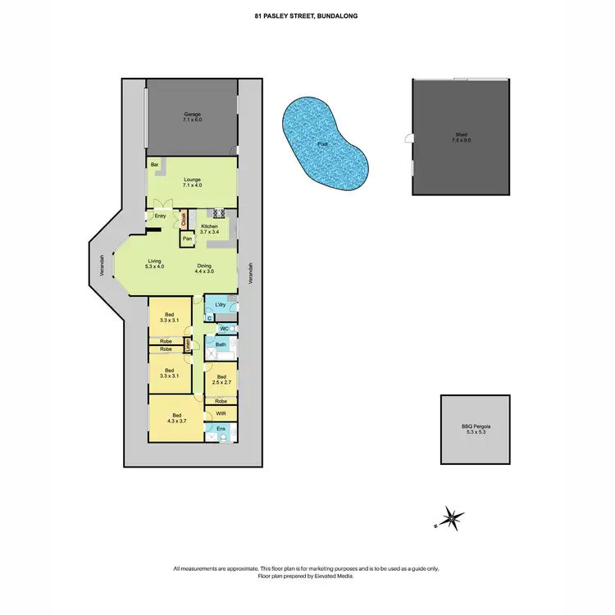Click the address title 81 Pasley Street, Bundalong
pyautogui.click(x=307, y=15)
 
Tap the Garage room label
pyautogui.click(x=192, y=117)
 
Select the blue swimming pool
pyautogui.click(x=321, y=145)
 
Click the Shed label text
pyautogui.click(x=462, y=138)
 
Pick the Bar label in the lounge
pyautogui.click(x=154, y=165)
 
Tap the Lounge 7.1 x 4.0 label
pyautogui.click(x=192, y=183)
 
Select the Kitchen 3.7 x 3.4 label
pyautogui.click(x=210, y=229)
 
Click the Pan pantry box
pyautogui.click(x=188, y=239)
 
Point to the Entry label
pyautogui.click(x=160, y=216)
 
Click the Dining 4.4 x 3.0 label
pyautogui.click(x=204, y=268)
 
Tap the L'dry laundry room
pyautogui.click(x=221, y=305)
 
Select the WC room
pyautogui.click(x=224, y=328)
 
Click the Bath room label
pyautogui.click(x=221, y=345)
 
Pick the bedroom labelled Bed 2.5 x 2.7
pyautogui.click(x=221, y=380)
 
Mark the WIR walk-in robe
pyautogui.click(x=221, y=414)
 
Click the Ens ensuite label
pyautogui.click(x=221, y=429)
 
